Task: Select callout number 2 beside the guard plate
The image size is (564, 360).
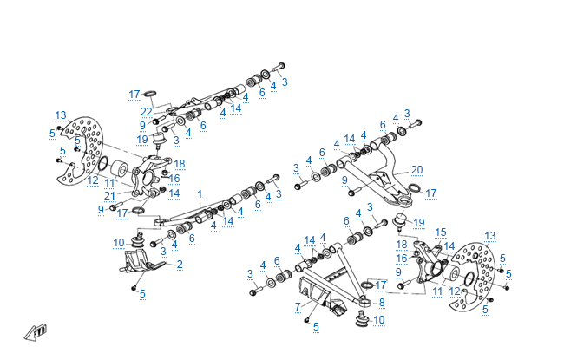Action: tap(180, 263)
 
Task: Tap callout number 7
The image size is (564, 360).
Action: tap(297, 306)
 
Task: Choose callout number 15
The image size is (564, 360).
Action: tap(440, 232)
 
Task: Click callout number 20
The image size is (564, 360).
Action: tap(416, 169)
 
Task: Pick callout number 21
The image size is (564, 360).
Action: tap(109, 195)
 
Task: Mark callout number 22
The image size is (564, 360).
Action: tap(147, 111)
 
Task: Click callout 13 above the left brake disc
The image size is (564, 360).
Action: tap(61, 115)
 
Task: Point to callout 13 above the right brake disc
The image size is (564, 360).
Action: tap(490, 235)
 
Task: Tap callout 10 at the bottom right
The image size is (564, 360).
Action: tap(377, 320)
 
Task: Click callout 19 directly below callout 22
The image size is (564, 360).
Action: tap(142, 139)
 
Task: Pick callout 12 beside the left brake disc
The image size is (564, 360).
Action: tap(92, 180)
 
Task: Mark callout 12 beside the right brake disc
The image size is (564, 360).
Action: tap(455, 291)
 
